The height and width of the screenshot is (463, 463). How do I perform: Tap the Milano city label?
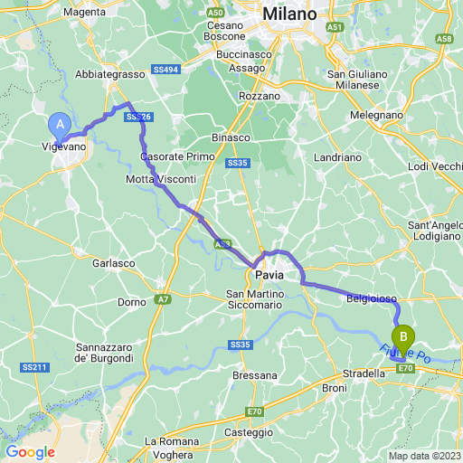tap(290, 15)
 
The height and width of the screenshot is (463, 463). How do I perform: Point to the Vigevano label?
tap(66, 146)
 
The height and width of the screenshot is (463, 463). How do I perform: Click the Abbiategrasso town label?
tap(111, 73)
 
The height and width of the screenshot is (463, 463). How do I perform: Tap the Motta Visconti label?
tap(160, 180)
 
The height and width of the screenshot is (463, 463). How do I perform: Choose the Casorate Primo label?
tap(178, 156)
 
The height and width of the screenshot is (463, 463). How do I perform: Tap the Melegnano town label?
tap(377, 116)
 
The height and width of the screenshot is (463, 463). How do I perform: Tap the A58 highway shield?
tap(444, 39)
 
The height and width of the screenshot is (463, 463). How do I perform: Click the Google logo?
tap(30, 451)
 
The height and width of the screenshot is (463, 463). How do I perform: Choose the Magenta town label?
tap(85, 12)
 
